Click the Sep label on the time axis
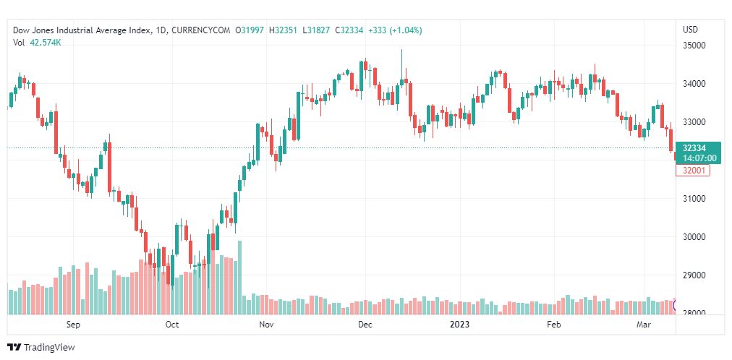click(x=72, y=325)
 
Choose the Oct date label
click(x=172, y=325)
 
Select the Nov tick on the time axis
click(x=268, y=325)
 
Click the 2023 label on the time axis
click(x=460, y=325)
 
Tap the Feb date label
click(x=553, y=325)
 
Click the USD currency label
click(x=690, y=30)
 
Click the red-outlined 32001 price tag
click(x=693, y=171)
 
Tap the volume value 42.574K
click(x=46, y=43)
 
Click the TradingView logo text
click(x=48, y=348)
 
